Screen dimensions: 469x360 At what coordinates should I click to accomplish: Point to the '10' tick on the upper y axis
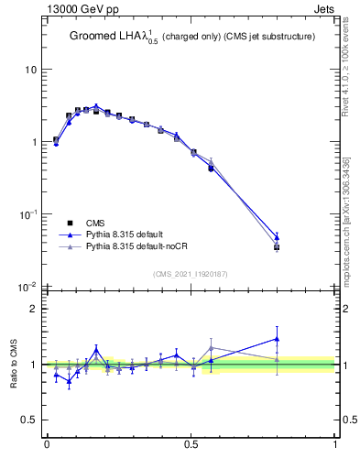pyautogui.click(x=30, y=70)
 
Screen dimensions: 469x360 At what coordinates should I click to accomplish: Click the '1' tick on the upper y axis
pyautogui.click(x=33, y=142)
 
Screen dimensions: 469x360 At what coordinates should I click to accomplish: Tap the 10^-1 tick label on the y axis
pyautogui.click(x=27, y=213)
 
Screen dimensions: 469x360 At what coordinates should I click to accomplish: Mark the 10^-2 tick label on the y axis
pyautogui.click(x=27, y=286)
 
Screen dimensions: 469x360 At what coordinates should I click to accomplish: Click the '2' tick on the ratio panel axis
pyautogui.click(x=33, y=309)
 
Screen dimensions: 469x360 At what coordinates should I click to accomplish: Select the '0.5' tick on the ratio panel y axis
pyautogui.click(x=28, y=420)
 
